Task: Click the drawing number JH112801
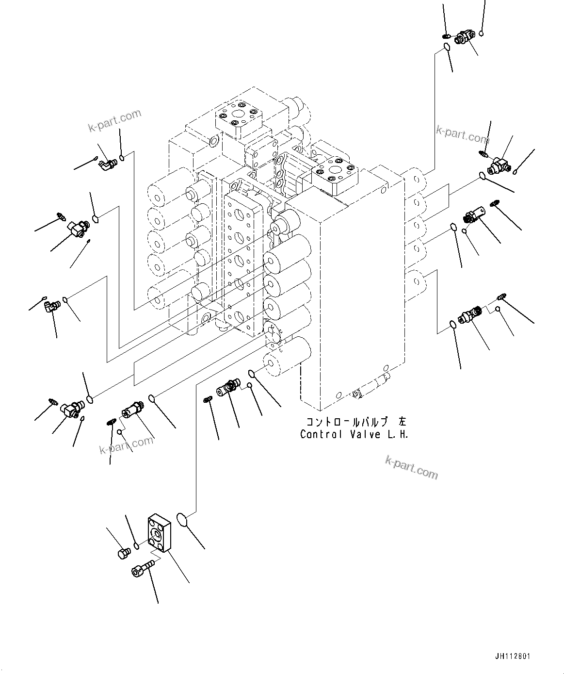(513, 657)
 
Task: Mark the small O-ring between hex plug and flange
(137, 546)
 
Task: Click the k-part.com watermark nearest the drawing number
(411, 466)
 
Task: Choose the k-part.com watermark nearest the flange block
(126, 445)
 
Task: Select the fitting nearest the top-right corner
(465, 37)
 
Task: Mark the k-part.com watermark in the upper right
(462, 134)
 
